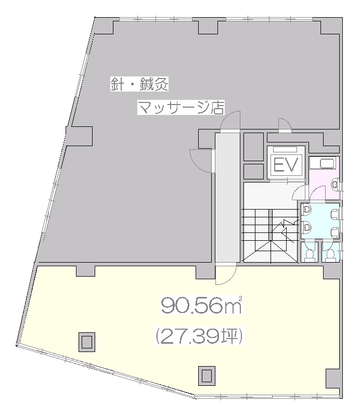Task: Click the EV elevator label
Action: [x=286, y=165]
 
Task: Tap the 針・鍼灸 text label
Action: [x=139, y=84]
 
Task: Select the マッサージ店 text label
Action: [x=181, y=107]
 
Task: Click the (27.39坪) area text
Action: [x=199, y=336]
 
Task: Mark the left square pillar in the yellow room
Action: [x=86, y=342]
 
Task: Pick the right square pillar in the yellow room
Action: [x=207, y=375]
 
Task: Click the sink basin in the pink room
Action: [x=328, y=163]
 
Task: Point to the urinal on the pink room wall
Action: [x=336, y=184]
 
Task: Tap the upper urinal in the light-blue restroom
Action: [x=335, y=214]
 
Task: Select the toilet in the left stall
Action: [x=310, y=254]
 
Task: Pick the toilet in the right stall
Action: [x=330, y=254]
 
